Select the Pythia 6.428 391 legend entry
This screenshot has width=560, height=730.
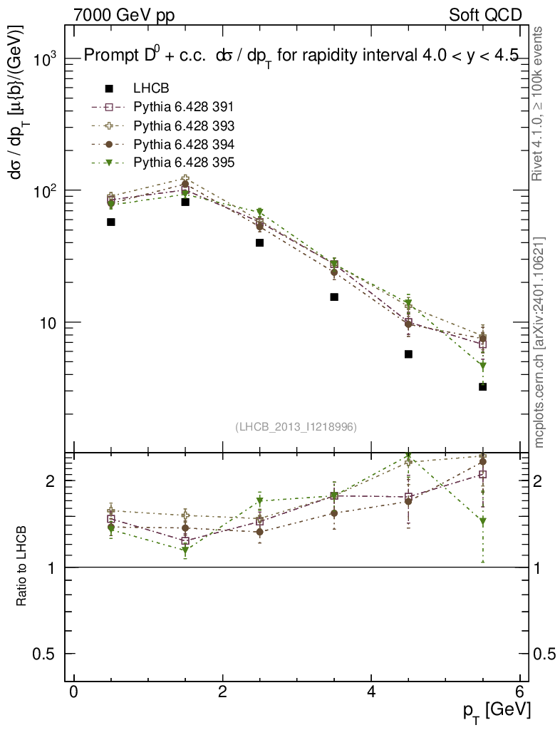(183, 107)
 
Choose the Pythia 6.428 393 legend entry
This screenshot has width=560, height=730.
(183, 125)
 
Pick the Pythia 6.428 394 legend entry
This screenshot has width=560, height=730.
(183, 144)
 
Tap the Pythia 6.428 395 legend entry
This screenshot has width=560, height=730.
(183, 163)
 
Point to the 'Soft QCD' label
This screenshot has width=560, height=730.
(485, 15)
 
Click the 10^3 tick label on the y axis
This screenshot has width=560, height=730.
(47, 61)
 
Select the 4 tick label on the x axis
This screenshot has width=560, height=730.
(371, 692)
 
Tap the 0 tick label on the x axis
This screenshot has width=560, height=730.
(73, 692)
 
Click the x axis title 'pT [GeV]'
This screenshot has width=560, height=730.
(496, 710)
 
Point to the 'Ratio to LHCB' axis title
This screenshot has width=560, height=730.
(22, 567)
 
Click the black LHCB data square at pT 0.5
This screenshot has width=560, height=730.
(111, 222)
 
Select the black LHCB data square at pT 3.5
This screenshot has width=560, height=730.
(334, 297)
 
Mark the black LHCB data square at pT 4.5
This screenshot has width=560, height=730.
(408, 354)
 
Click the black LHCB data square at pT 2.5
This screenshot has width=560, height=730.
(260, 242)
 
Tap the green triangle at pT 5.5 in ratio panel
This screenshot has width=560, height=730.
(483, 521)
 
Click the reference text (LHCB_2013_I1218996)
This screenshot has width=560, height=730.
(296, 426)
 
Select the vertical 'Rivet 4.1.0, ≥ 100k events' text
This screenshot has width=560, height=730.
(539, 103)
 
